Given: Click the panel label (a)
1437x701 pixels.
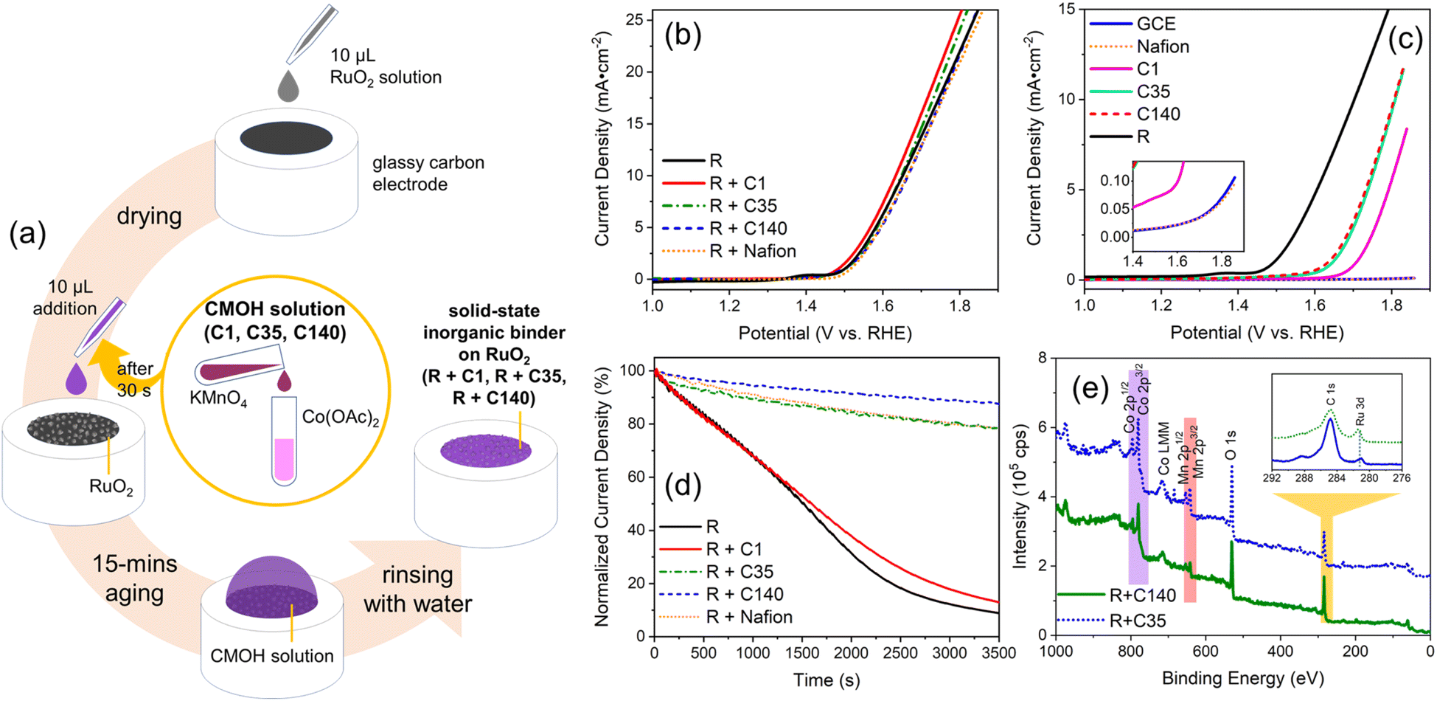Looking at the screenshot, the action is [27, 234].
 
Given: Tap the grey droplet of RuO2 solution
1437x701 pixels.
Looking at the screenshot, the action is [288, 86].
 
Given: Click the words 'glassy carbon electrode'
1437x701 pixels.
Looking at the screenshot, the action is [428, 173].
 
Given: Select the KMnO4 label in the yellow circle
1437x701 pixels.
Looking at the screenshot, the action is [218, 401].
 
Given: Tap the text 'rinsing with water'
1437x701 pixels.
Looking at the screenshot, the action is [417, 589].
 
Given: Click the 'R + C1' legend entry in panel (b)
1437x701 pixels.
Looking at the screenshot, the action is [714, 183].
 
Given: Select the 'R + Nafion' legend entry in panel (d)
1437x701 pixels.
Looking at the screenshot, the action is [726, 617].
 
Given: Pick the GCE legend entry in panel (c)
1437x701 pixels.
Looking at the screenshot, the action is [1132, 24].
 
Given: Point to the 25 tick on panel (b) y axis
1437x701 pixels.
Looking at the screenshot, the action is [634, 19].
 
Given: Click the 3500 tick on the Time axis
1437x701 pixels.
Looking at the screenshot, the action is [998, 653].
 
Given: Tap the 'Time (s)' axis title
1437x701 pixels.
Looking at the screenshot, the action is [827, 680].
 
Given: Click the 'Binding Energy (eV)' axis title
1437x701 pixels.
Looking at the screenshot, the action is [1243, 678].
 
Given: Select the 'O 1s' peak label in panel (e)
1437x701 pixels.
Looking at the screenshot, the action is [1231, 446].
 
